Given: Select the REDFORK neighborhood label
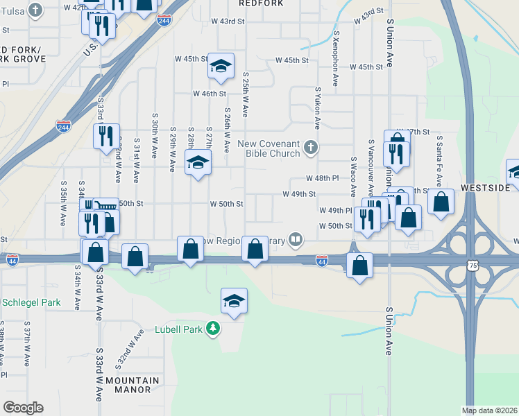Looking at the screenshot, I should (x=262, y=3).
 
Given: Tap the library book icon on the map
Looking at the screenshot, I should (x=296, y=241).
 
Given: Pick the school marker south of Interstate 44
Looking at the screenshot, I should (x=235, y=301).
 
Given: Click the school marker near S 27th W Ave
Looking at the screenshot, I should (x=198, y=164).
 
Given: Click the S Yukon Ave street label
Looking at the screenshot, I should (x=318, y=107).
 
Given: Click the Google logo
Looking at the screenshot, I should (x=23, y=408).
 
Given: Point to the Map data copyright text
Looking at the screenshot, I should (x=490, y=410).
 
